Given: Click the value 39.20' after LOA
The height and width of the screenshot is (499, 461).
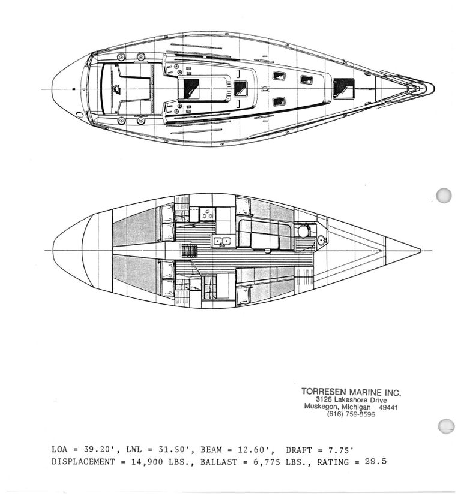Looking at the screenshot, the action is pos(98,450).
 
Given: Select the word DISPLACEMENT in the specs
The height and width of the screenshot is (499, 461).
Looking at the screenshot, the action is pos(83,462).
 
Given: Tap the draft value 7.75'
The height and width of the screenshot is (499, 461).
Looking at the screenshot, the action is pos(341,450).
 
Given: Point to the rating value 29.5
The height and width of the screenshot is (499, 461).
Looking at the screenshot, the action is pos(376,461).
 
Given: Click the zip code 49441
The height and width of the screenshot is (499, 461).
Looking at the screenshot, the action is pos(388,407).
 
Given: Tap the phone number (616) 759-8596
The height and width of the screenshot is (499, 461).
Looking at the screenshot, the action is pos(351,414).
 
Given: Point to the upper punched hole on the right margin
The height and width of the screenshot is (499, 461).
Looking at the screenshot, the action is pos(444,196).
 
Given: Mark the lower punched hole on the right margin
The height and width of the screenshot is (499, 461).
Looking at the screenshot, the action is pos(446,426).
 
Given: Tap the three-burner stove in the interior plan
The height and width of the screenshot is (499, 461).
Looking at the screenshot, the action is pos(207,214).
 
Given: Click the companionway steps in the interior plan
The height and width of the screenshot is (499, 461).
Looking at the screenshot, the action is pos(190,251).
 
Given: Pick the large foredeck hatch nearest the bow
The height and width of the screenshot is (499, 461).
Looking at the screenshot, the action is pos(343,88).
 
